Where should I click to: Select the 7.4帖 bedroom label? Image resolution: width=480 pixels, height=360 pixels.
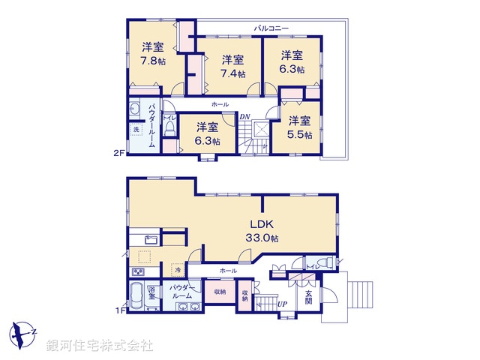point(232,66)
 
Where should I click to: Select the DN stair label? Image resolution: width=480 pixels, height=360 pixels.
point(244,116)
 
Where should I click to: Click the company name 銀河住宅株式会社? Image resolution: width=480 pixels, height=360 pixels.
point(100,346)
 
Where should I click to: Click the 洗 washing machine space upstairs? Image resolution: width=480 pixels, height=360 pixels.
point(136,130)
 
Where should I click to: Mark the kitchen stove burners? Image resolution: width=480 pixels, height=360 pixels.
point(139,271)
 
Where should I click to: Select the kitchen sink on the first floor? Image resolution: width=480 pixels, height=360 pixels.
point(148,240)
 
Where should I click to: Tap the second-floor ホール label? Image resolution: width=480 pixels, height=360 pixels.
point(220,104)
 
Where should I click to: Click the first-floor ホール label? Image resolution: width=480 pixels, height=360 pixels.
point(228,270)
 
